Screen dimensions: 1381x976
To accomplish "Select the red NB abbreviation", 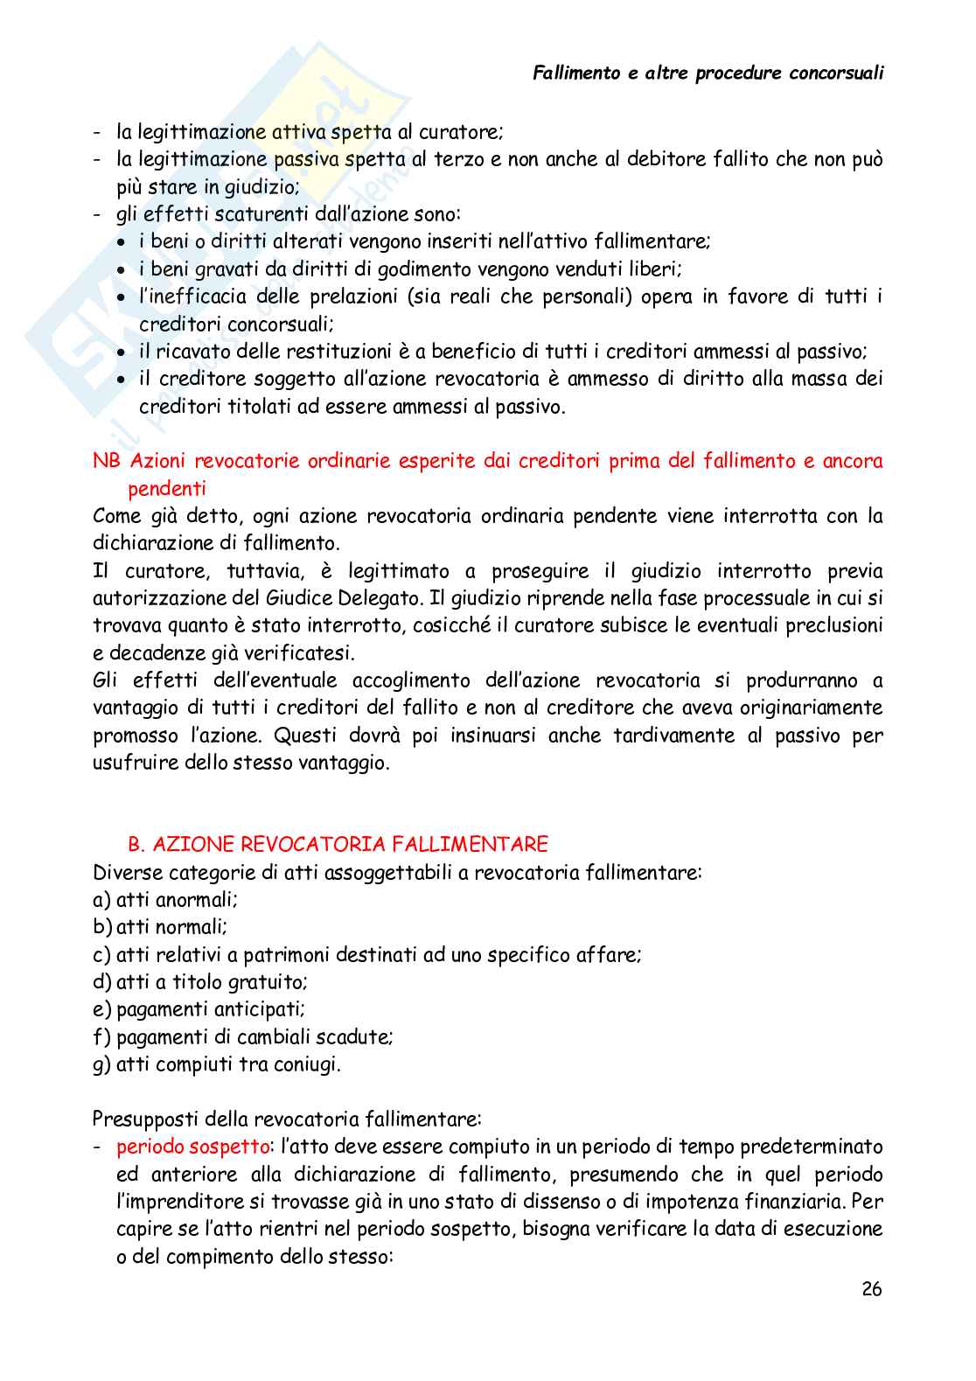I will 106,461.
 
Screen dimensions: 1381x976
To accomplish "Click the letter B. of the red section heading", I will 136,844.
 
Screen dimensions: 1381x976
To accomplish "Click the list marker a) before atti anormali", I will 101,899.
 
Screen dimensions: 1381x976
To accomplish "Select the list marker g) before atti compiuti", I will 101,1064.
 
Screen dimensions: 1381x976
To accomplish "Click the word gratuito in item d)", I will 268,982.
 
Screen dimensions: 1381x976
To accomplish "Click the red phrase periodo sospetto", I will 192,1147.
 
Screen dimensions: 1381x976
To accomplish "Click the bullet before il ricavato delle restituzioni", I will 122,352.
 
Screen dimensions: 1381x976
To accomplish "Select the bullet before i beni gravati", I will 122,270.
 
